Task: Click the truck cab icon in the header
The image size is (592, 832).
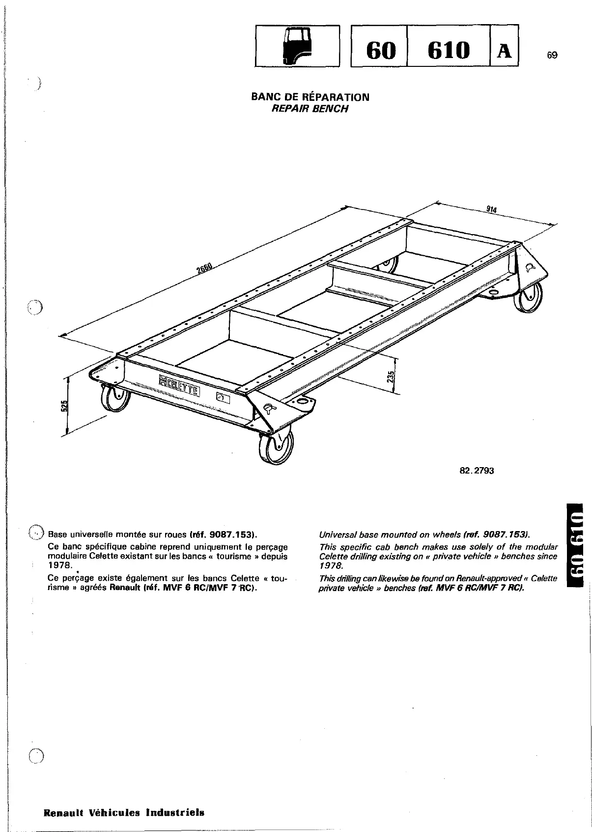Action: pyautogui.click(x=297, y=45)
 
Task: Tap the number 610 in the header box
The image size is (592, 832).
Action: pyautogui.click(x=448, y=50)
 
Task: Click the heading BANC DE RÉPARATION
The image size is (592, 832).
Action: pyautogui.click(x=310, y=97)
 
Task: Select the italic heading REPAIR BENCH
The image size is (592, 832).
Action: pyautogui.click(x=310, y=109)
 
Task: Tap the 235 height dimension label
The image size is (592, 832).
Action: pyautogui.click(x=391, y=377)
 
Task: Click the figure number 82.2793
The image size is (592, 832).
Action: pyautogui.click(x=476, y=471)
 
